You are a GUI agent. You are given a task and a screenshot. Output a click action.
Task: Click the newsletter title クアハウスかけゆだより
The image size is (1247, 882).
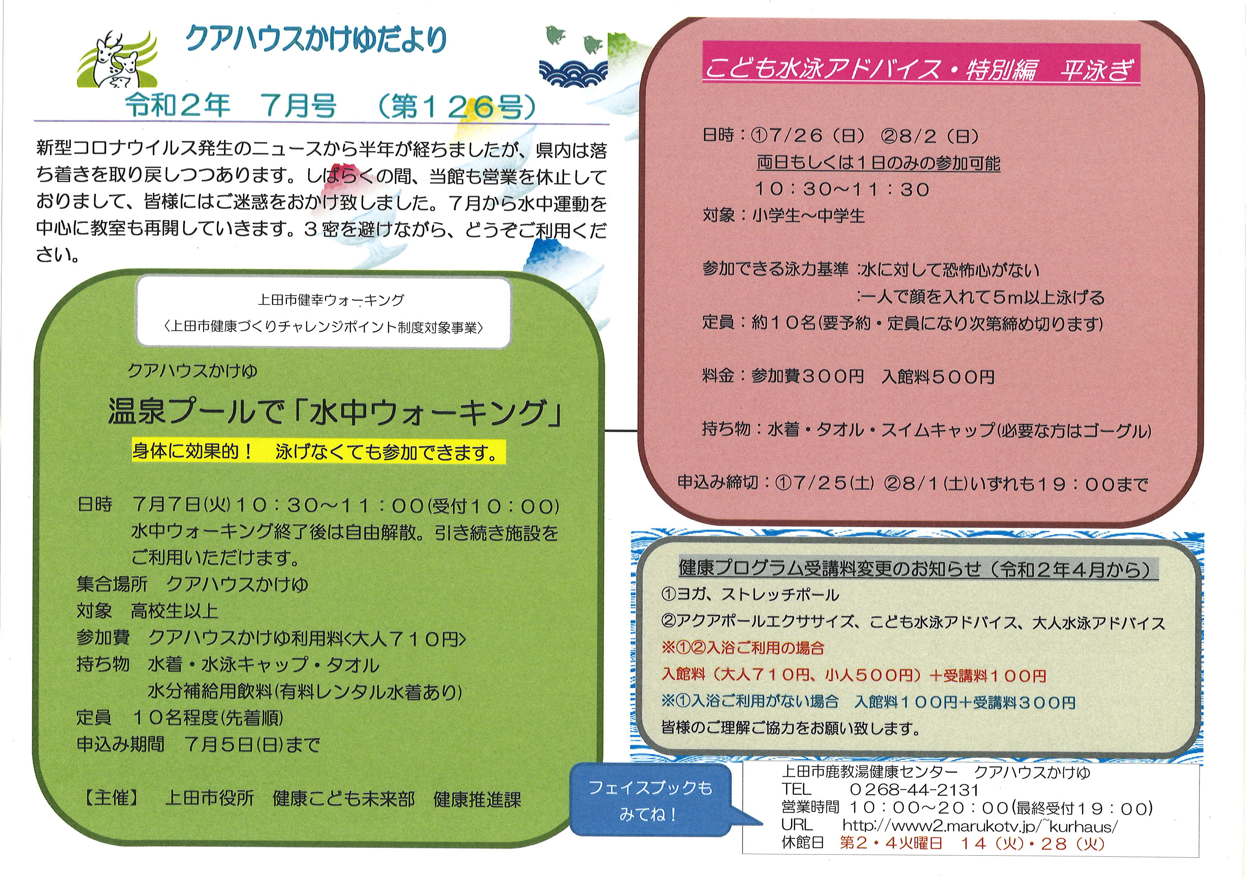click(x=316, y=39)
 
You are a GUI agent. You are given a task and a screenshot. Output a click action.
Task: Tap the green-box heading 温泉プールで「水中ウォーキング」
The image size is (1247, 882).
click(x=334, y=412)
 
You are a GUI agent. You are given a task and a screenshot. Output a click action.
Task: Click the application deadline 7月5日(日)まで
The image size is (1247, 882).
click(x=252, y=744)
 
